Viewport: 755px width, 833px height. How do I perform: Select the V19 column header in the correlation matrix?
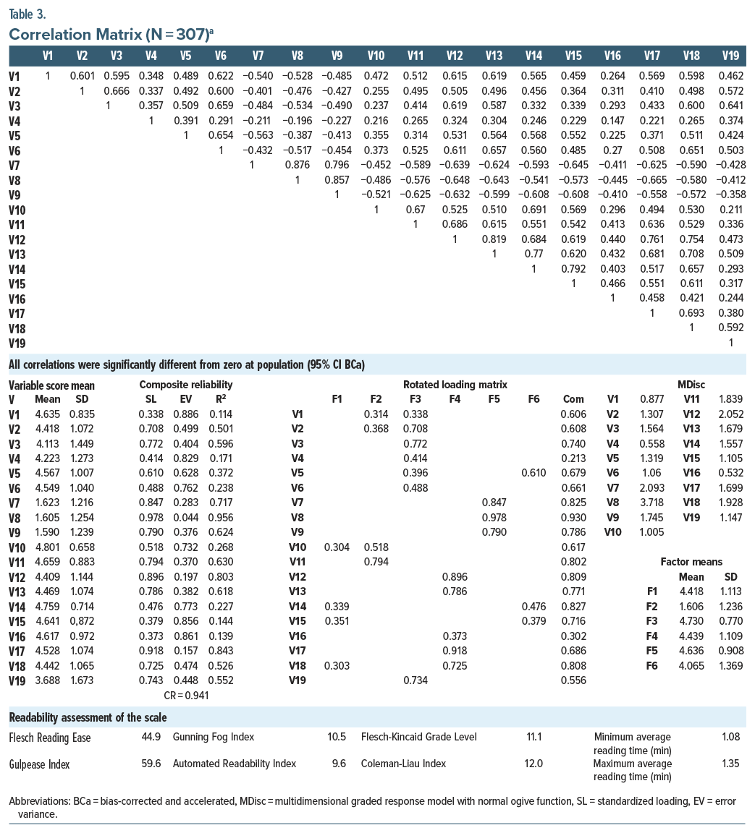click(x=730, y=55)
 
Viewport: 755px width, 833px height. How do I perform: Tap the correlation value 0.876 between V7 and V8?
click(x=297, y=165)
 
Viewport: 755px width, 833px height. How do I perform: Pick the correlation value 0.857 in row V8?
click(x=337, y=180)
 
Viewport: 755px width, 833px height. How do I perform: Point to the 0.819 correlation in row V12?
click(x=494, y=239)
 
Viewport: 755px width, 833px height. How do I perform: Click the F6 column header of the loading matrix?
click(x=533, y=399)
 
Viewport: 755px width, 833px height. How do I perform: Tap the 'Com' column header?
click(x=573, y=399)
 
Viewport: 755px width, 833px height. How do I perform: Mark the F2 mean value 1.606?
click(x=691, y=606)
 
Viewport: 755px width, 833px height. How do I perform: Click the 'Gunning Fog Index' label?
click(x=213, y=737)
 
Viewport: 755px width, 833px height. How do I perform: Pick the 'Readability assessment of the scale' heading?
click(x=87, y=717)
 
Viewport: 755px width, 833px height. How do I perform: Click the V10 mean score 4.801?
click(x=49, y=547)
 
